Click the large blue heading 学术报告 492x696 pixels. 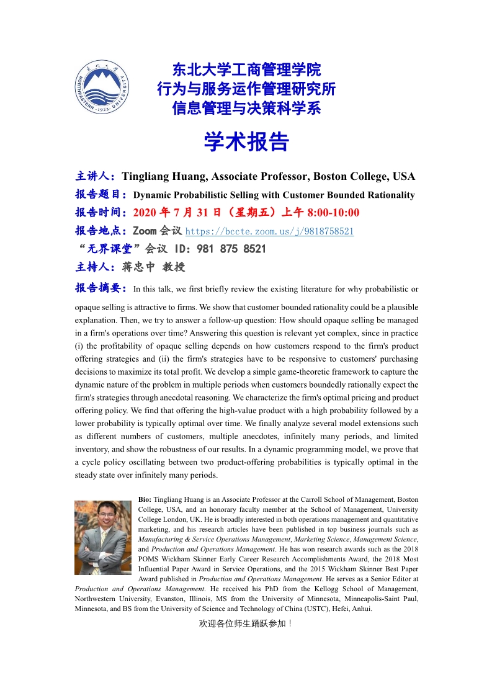click(x=246, y=142)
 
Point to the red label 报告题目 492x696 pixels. click(x=100, y=195)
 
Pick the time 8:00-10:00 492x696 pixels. click(x=331, y=213)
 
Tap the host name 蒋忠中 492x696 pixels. click(x=138, y=267)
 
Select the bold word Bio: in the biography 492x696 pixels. click(x=145, y=499)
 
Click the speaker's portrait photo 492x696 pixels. click(x=103, y=537)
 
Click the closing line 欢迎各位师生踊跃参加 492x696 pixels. click(x=245, y=623)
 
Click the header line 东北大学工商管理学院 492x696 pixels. click(x=246, y=69)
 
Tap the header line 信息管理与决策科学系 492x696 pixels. click(x=246, y=109)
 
